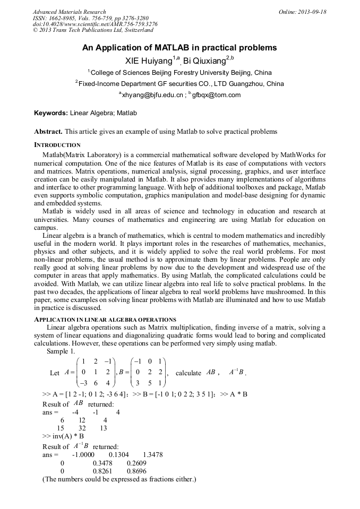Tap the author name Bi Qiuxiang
[x=204, y=62]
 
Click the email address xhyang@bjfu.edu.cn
[x=152, y=95]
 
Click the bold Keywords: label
[x=51, y=113]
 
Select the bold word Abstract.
[x=48, y=131]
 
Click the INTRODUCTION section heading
[x=57, y=145]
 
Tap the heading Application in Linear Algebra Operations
[x=105, y=320]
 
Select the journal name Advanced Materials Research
[x=70, y=12]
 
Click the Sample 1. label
[x=61, y=351]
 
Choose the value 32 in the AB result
[x=82, y=428]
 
